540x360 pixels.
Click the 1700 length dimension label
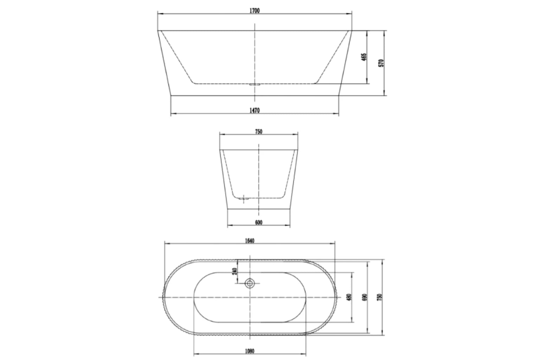(255, 11)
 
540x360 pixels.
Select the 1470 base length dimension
(255, 110)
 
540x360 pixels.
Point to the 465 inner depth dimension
(364, 57)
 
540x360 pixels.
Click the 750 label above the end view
(259, 132)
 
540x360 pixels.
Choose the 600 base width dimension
(259, 222)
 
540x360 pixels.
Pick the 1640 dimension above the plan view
(250, 241)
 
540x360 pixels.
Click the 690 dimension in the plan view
(365, 297)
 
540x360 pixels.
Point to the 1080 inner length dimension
(250, 351)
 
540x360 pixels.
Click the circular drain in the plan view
(250, 283)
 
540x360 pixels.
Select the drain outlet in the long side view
(254, 84)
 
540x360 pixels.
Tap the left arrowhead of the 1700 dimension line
(159, 14)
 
